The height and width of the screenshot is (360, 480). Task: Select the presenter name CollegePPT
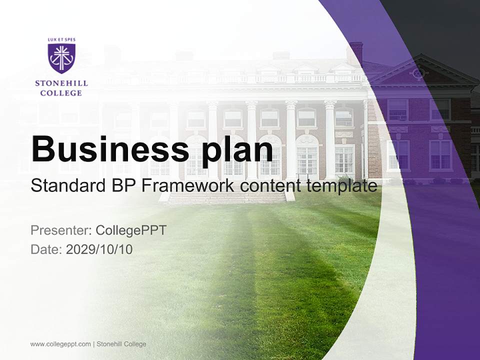tap(131, 230)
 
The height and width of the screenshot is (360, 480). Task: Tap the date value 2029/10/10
tap(99, 249)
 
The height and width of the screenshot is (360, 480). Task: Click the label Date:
tap(46, 249)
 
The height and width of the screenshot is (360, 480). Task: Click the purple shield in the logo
tap(61, 58)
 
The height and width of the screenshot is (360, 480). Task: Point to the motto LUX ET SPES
tap(61, 39)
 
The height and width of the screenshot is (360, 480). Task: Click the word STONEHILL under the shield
tap(61, 83)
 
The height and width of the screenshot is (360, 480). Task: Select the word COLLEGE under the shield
tap(61, 93)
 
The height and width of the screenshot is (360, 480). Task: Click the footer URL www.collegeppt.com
tap(60, 344)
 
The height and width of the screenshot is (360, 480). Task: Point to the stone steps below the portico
tap(227, 198)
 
